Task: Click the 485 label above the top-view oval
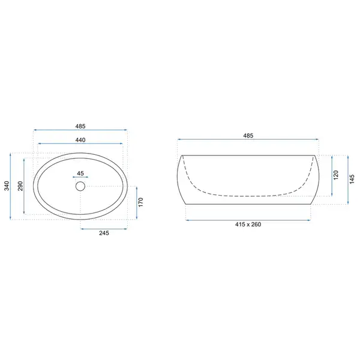coord(80,126)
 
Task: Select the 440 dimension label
coord(80,140)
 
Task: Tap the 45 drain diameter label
coord(80,173)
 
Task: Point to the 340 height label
coord(7,186)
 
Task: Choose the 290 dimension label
coord(20,186)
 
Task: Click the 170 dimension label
coord(141,202)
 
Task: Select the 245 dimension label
coord(104,233)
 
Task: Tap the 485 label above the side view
coord(248,136)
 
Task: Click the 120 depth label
coord(335,175)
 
